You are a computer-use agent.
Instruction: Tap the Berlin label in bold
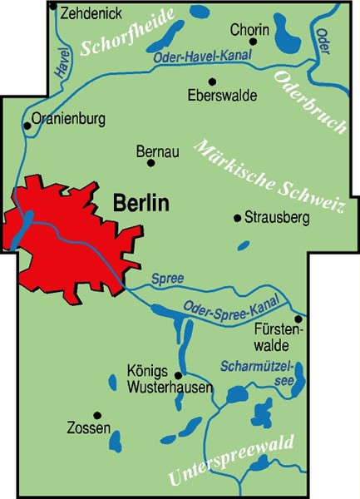(x=140, y=202)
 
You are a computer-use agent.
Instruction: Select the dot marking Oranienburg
(x=27, y=126)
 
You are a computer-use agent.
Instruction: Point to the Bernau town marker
(x=151, y=163)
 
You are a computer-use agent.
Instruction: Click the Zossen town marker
(x=96, y=414)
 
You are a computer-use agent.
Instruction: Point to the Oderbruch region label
(x=309, y=101)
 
